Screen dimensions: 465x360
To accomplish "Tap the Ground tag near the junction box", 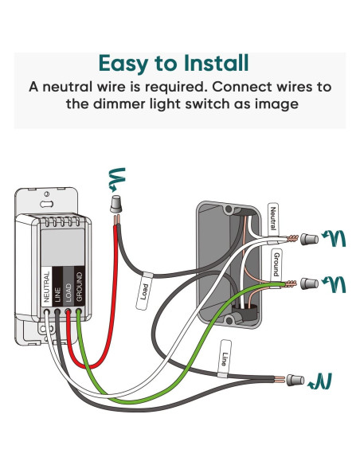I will point(276,262).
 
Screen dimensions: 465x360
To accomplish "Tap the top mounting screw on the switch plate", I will point(49,193).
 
